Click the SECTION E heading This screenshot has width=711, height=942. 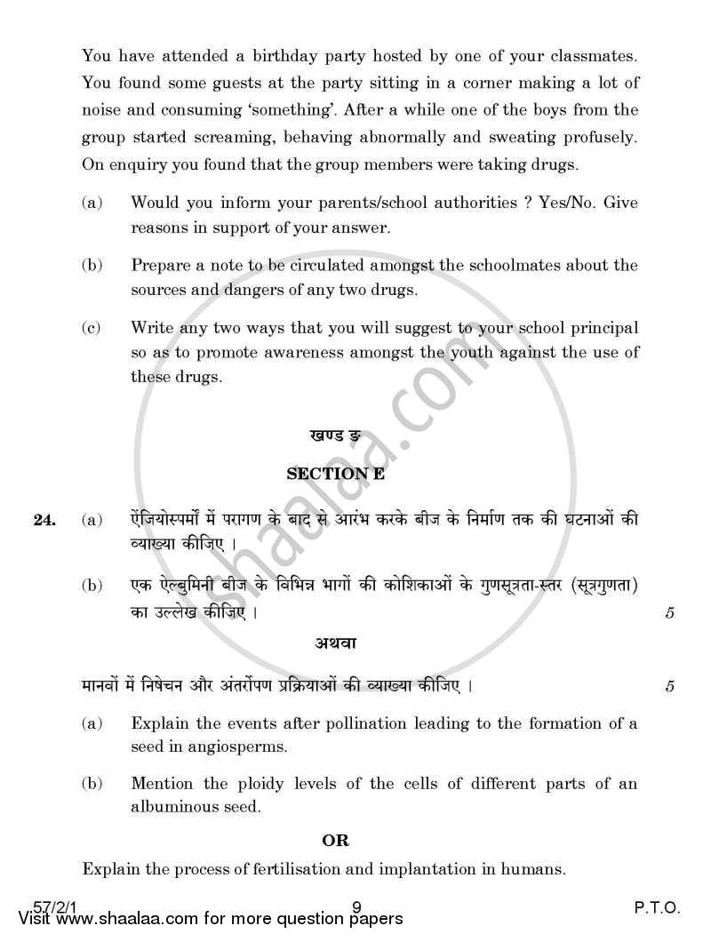click(335, 475)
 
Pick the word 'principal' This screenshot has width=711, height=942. click(599, 328)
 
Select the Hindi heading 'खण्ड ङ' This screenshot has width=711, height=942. click(335, 436)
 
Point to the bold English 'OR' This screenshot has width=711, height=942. click(336, 840)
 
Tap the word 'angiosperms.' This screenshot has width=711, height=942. click(216, 746)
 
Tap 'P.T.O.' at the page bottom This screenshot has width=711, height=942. click(657, 907)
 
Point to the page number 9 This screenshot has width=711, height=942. click(355, 907)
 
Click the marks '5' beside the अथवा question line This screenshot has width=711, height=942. click(668, 686)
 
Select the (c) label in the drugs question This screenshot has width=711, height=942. click(91, 328)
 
